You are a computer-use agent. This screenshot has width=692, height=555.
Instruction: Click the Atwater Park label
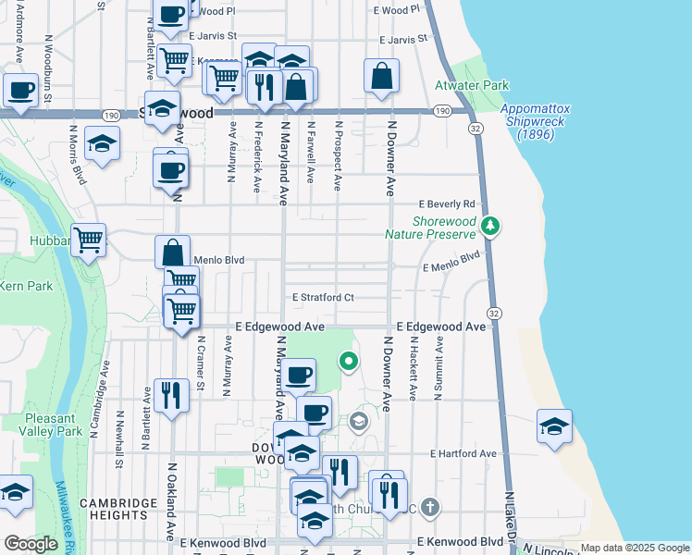click(x=472, y=85)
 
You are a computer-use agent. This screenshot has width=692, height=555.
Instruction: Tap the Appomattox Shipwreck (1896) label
click(x=535, y=121)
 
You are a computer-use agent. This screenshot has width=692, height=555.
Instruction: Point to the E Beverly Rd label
click(x=446, y=203)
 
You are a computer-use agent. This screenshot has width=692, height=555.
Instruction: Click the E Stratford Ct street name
click(x=324, y=298)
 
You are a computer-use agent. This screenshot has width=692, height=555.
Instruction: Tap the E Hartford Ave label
click(x=463, y=454)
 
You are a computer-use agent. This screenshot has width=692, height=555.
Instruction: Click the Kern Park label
click(x=27, y=286)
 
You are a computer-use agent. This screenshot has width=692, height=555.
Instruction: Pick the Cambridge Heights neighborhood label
click(x=117, y=511)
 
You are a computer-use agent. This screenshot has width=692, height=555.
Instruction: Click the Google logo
click(x=31, y=544)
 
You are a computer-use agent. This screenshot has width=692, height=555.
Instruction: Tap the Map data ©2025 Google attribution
click(x=635, y=548)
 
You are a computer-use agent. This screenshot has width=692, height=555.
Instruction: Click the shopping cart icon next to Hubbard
click(x=88, y=240)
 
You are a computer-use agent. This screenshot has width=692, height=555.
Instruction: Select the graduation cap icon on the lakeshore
click(x=553, y=426)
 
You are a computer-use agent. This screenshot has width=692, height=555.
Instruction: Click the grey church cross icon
click(x=428, y=506)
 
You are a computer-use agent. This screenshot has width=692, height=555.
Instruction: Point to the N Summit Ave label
click(x=439, y=366)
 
